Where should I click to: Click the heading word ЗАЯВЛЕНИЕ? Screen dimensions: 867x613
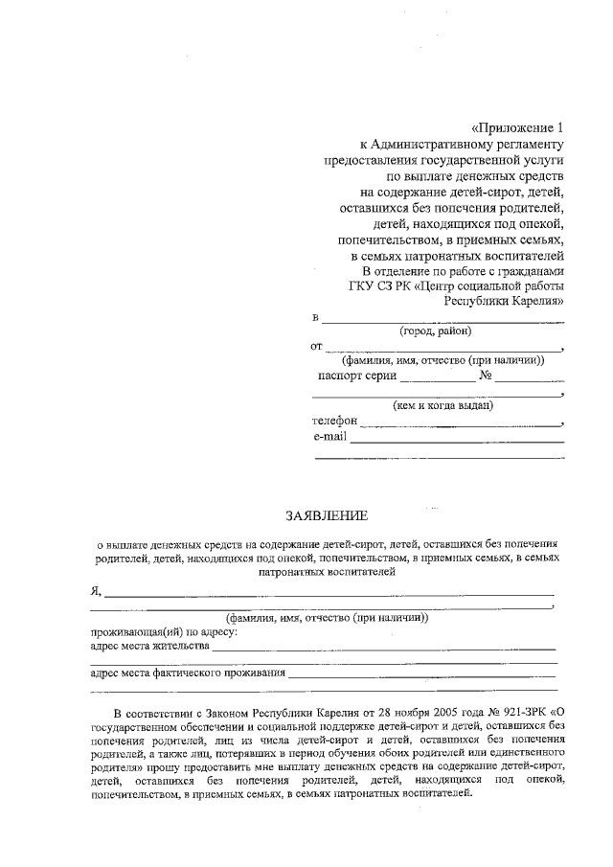(x=326, y=515)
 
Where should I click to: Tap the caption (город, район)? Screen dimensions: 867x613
(x=436, y=331)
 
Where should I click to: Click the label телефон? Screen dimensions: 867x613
(x=334, y=421)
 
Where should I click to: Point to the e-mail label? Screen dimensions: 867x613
(x=330, y=437)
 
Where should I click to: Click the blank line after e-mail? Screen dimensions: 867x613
(x=457, y=440)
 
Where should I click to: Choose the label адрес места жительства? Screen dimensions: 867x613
(x=148, y=646)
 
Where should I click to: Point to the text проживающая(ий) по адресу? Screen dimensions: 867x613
(x=163, y=632)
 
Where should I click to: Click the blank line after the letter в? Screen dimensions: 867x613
(x=442, y=319)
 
